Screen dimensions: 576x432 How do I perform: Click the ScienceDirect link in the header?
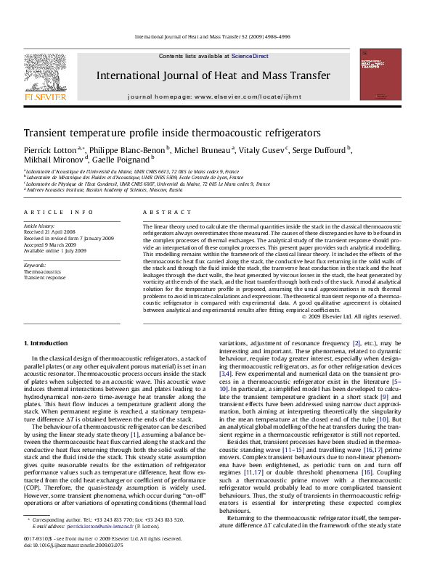click(x=250, y=56)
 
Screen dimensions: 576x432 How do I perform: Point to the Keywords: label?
click(x=36, y=266)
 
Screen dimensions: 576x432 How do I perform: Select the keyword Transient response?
click(x=45, y=278)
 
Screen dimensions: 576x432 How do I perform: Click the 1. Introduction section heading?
click(x=47, y=342)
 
